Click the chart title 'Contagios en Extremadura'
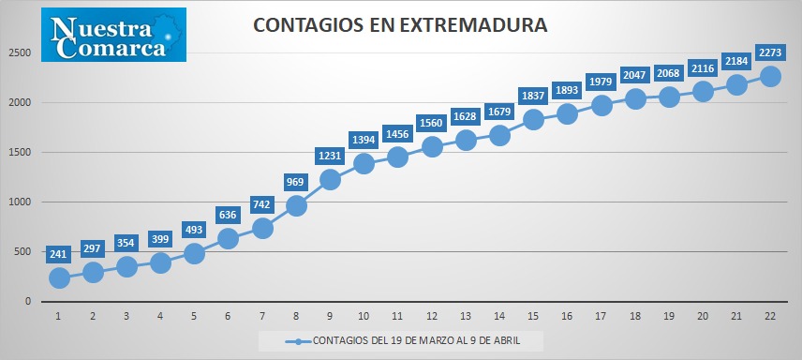[x=400, y=25]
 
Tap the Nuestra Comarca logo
[x=113, y=35]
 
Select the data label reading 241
[x=59, y=253]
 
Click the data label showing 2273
[x=767, y=52]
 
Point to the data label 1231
[x=330, y=156]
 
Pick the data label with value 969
[x=296, y=182]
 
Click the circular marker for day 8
[x=296, y=205]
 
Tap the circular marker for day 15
[x=533, y=119]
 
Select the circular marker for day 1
[x=59, y=278]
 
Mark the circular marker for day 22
[x=770, y=76]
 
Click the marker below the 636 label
[x=228, y=239]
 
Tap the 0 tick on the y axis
[x=28, y=302]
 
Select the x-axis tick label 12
[x=432, y=317]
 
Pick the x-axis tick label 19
[x=669, y=317]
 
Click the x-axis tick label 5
[x=194, y=317]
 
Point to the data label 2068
[x=669, y=73]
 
